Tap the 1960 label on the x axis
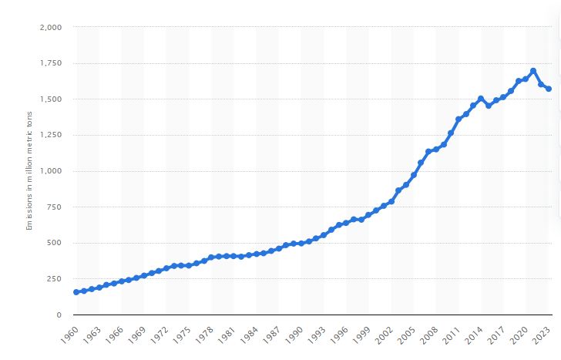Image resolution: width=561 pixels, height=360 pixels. pyautogui.click(x=70, y=335)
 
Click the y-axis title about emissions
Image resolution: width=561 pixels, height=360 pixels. pyautogui.click(x=29, y=171)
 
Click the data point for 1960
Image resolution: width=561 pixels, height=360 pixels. pyautogui.click(x=76, y=292)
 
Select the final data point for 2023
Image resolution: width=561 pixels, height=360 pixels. pyautogui.click(x=549, y=89)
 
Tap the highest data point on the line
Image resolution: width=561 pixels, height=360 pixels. pyautogui.click(x=533, y=71)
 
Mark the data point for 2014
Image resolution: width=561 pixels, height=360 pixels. pyautogui.click(x=481, y=99)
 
